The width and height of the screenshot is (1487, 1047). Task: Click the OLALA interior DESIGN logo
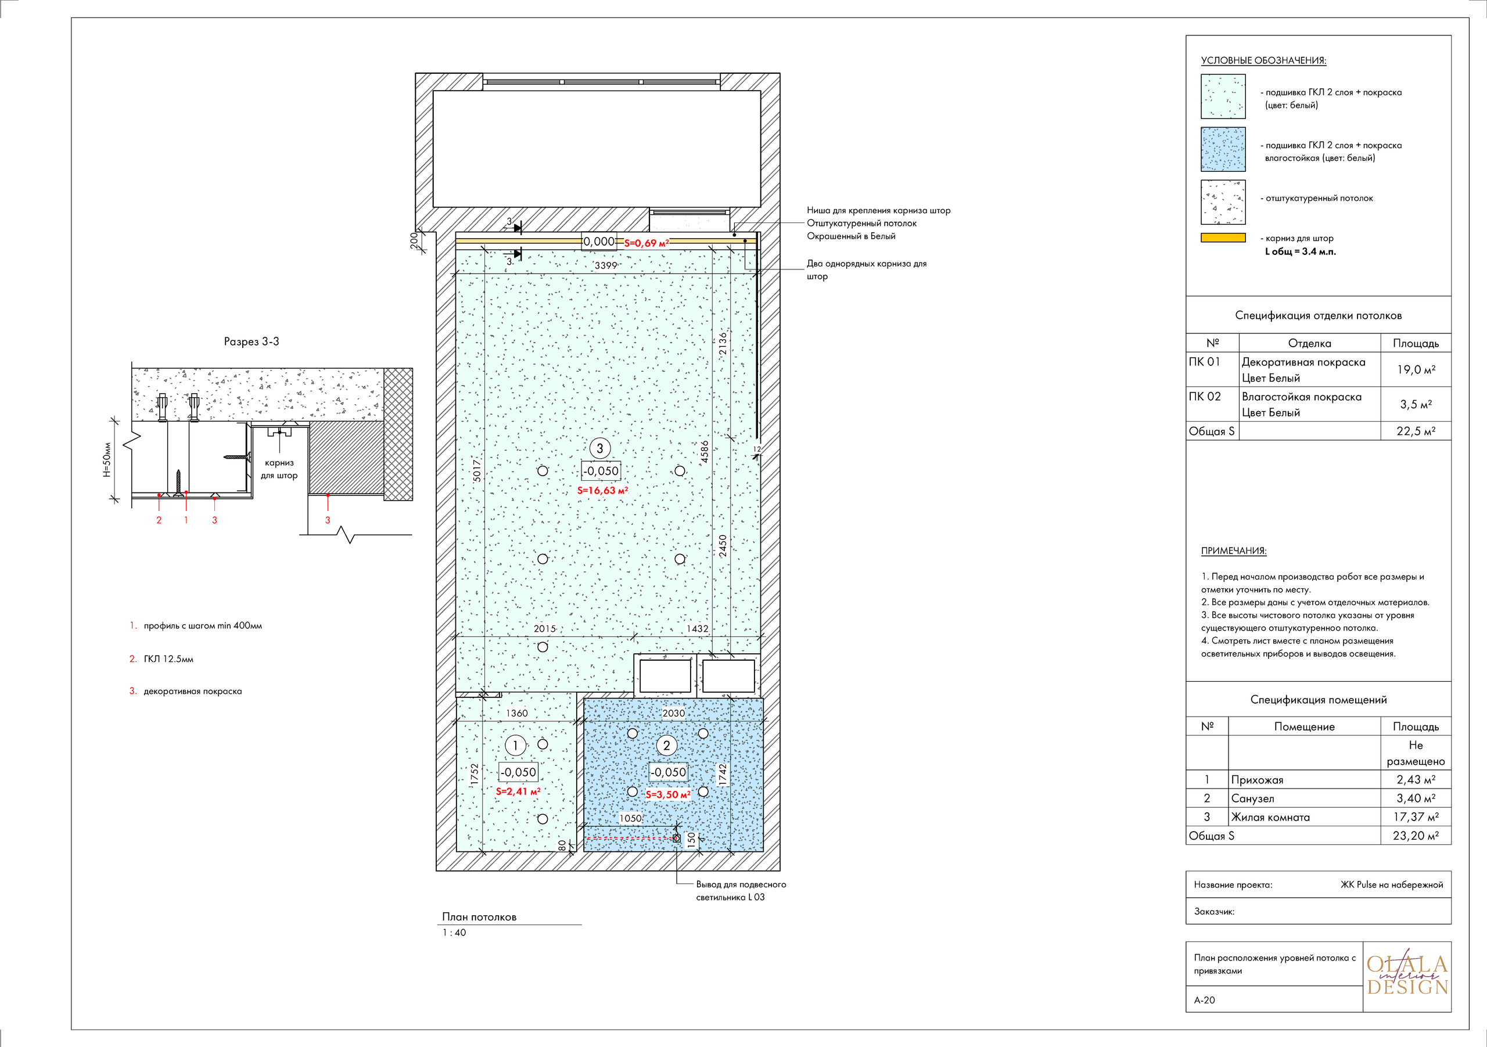click(x=1407, y=975)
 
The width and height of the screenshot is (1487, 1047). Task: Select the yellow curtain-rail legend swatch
click(x=1223, y=238)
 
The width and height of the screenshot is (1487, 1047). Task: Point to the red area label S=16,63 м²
click(x=602, y=490)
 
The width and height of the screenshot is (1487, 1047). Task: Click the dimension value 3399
click(x=606, y=265)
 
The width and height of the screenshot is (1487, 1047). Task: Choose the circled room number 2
click(x=666, y=745)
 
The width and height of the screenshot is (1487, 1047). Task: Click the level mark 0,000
click(x=599, y=242)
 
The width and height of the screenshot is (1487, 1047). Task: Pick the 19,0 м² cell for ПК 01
click(x=1416, y=369)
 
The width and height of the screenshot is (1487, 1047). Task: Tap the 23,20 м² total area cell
click(x=1416, y=835)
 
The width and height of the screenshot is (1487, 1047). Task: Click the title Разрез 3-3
click(x=252, y=341)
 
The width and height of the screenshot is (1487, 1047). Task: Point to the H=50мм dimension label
click(x=107, y=460)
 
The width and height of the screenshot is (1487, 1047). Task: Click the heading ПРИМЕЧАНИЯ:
click(x=1234, y=551)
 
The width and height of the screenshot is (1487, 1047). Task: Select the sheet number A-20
click(x=1205, y=1000)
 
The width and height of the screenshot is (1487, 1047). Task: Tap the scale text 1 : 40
click(x=454, y=933)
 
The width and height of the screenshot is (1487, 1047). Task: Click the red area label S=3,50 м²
click(x=669, y=794)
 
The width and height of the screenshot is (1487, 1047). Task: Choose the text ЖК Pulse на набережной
click(x=1392, y=884)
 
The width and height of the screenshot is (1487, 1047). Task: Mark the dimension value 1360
click(x=517, y=713)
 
